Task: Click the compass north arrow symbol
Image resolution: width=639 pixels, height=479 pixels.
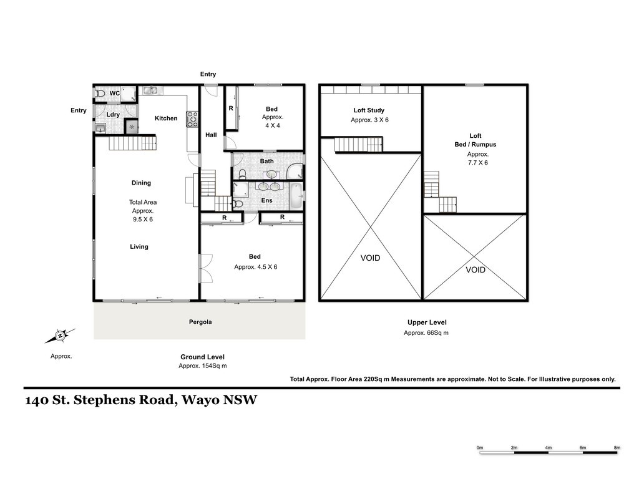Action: pyautogui.click(x=60, y=336)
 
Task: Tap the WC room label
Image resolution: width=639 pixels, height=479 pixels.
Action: pyautogui.click(x=115, y=94)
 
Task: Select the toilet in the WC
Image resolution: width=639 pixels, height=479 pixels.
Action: pyautogui.click(x=100, y=94)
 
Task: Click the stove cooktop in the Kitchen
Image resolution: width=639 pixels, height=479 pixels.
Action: pyautogui.click(x=192, y=119)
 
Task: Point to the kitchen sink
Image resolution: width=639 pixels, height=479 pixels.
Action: pyautogui.click(x=150, y=90)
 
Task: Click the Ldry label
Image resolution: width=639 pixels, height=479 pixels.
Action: pyautogui.click(x=113, y=115)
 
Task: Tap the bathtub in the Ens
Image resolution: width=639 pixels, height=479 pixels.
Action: pyautogui.click(x=296, y=196)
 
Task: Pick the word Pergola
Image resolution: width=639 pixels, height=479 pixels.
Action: pyautogui.click(x=200, y=322)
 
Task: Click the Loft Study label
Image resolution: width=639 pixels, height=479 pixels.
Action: pyautogui.click(x=369, y=110)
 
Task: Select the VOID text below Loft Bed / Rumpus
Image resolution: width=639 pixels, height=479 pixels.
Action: pyautogui.click(x=475, y=269)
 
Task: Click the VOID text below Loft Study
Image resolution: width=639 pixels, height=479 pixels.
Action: pyautogui.click(x=370, y=258)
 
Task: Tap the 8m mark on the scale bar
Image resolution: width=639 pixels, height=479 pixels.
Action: pyautogui.click(x=617, y=448)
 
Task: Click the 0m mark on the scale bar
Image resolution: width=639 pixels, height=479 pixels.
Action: pyautogui.click(x=480, y=448)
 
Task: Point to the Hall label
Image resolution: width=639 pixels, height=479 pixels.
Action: pyautogui.click(x=211, y=135)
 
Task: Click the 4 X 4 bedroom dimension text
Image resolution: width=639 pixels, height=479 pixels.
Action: pyautogui.click(x=273, y=125)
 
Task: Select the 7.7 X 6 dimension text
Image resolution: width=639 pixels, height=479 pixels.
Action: pyautogui.click(x=477, y=163)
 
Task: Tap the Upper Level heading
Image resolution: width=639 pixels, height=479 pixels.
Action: pyautogui.click(x=427, y=322)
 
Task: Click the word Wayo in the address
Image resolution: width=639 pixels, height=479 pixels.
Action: pyautogui.click(x=200, y=400)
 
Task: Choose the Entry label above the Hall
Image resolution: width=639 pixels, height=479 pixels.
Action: pyautogui.click(x=208, y=74)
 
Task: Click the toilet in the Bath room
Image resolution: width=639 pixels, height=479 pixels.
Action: pyautogui.click(x=243, y=174)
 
